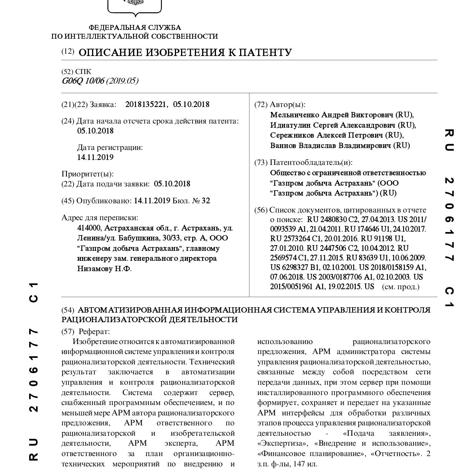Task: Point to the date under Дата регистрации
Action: pyautogui.click(x=95, y=157)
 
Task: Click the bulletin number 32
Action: pyautogui.click(x=206, y=201)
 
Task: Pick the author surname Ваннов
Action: pyautogui.click(x=283, y=145)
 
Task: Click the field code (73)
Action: pyautogui.click(x=261, y=163)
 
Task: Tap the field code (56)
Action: pyautogui.click(x=261, y=210)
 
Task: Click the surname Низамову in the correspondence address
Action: pyautogui.click(x=94, y=268)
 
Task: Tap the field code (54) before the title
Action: pyautogui.click(x=68, y=310)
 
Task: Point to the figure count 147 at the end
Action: pyautogui.click(x=300, y=464)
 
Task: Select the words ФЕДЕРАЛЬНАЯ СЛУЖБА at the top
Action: pyautogui.click(x=135, y=28)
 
